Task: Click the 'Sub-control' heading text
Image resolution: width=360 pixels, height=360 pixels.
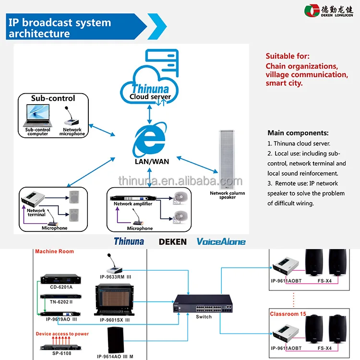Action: pyautogui.click(x=53, y=98)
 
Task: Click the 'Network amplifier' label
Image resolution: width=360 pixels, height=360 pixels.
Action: pyautogui.click(x=133, y=204)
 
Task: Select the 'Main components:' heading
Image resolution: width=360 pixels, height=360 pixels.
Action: pyautogui.click(x=298, y=133)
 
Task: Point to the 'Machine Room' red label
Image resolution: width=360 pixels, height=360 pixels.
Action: pyautogui.click(x=52, y=252)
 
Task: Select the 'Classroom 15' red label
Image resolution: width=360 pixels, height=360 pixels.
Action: pyautogui.click(x=288, y=314)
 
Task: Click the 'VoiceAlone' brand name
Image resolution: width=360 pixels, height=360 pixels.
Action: pyautogui.click(x=221, y=242)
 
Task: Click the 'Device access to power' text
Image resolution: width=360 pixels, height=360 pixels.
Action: pyautogui.click(x=62, y=334)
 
